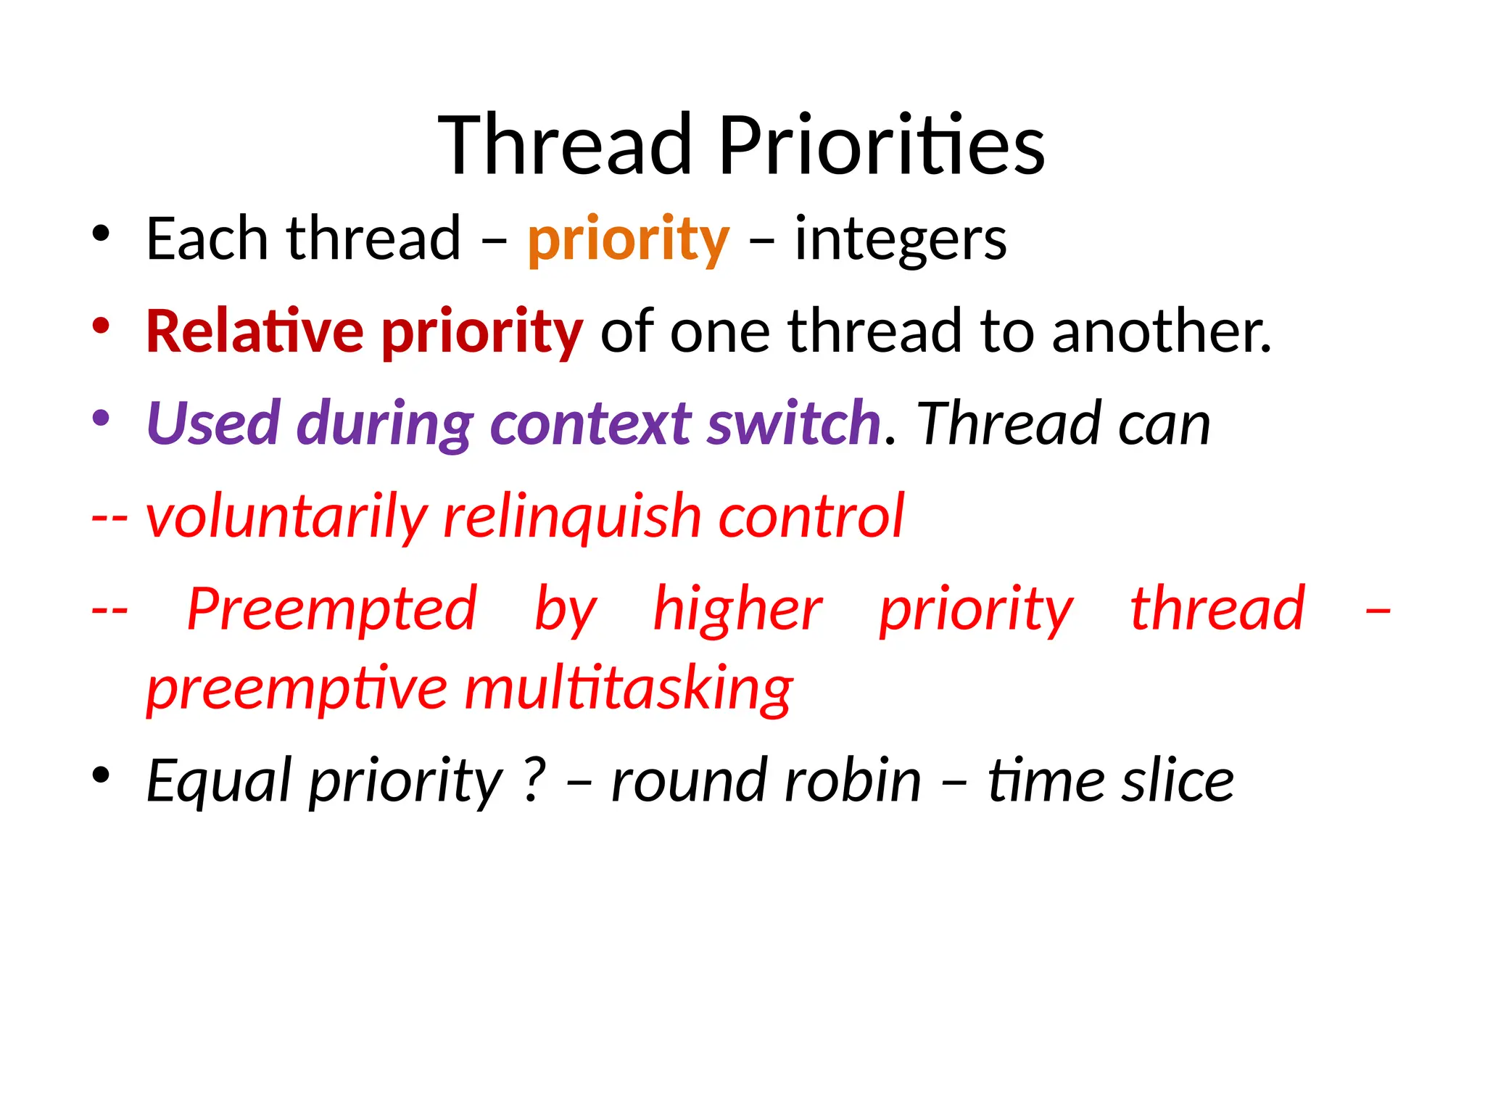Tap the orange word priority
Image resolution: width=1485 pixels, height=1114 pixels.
628,240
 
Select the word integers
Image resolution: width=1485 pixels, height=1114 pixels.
901,240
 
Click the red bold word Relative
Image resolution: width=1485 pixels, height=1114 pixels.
255,331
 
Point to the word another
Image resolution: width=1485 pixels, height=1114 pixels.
1162,331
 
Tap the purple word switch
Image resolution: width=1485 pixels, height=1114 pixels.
794,424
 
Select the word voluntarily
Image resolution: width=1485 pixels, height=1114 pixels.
287,516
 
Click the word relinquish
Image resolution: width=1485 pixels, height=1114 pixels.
572,516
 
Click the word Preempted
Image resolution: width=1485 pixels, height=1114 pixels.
332,609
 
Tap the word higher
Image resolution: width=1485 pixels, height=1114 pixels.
737,609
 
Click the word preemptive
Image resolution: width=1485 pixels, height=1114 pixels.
297,689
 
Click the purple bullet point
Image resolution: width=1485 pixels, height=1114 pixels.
101,418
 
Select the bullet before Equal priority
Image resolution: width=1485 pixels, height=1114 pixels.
101,775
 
